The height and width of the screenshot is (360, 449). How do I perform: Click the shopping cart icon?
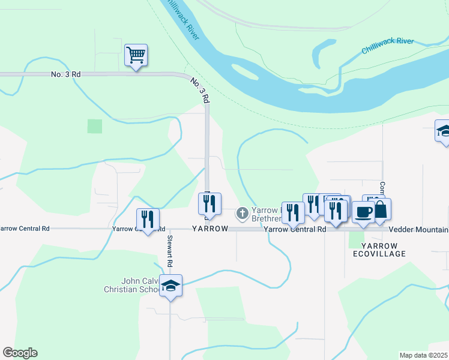136,55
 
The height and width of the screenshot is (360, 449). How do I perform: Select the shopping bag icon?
381,210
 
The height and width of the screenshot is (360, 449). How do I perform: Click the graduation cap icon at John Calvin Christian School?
171,286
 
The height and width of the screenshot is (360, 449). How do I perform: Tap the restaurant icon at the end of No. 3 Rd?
209,204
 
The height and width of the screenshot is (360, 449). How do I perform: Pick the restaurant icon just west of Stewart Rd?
147,219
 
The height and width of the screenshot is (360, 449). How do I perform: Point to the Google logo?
20,353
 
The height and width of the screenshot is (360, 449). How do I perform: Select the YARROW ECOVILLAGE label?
384,250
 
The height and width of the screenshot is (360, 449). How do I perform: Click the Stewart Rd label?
170,255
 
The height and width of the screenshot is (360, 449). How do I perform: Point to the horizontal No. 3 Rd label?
67,74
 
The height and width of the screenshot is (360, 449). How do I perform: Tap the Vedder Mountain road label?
418,230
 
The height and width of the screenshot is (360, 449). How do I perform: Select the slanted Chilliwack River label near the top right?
387,46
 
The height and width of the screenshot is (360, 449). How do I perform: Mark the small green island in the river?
246,73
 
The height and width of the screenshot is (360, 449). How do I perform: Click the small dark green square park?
94,126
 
